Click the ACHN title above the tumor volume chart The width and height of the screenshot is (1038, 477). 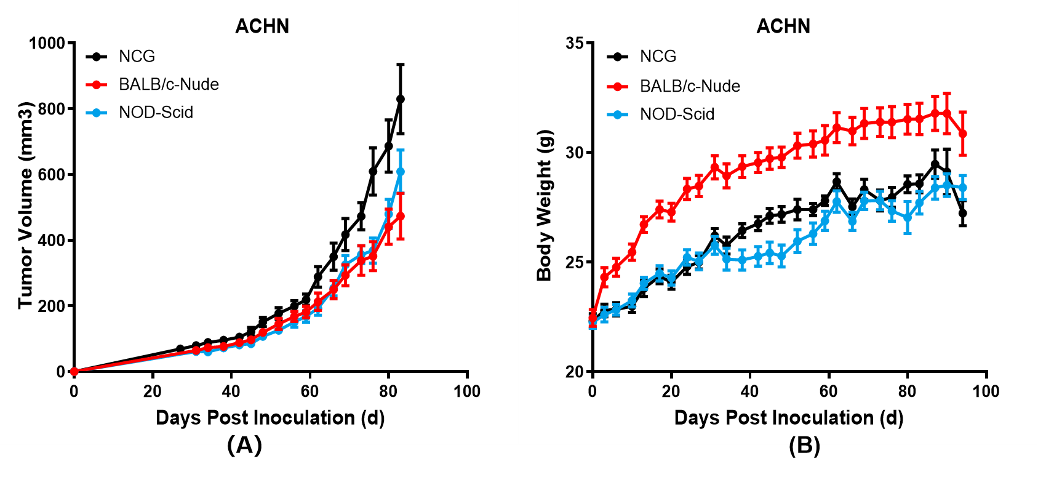coord(262,26)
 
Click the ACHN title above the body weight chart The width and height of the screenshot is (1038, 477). coord(783,26)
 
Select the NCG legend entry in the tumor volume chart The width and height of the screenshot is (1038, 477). coord(137,57)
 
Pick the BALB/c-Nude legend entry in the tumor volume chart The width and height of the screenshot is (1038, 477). coord(169,84)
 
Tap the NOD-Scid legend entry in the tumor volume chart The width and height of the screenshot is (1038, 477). coord(156,113)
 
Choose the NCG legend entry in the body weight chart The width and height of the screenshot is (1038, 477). coord(658,57)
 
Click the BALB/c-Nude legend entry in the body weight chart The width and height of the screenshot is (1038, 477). coord(690,86)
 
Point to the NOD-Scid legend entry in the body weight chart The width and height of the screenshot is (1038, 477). coord(677,114)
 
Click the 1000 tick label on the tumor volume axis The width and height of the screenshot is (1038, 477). coord(47,44)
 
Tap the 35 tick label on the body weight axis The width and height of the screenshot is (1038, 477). coord(575,44)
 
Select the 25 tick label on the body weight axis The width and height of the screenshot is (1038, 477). coord(575,262)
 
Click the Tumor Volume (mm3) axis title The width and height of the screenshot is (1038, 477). coord(25,205)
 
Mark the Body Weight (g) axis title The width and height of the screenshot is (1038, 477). coord(545,205)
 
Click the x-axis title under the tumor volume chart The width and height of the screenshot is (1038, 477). coord(270,418)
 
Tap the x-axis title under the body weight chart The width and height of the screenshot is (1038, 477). coord(789,418)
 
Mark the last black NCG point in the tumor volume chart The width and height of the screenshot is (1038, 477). coord(401,99)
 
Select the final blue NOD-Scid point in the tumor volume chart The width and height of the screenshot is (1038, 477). coord(401,172)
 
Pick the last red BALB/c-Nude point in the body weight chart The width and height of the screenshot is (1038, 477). coord(963,134)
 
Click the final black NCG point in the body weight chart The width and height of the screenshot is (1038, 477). coord(963,214)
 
